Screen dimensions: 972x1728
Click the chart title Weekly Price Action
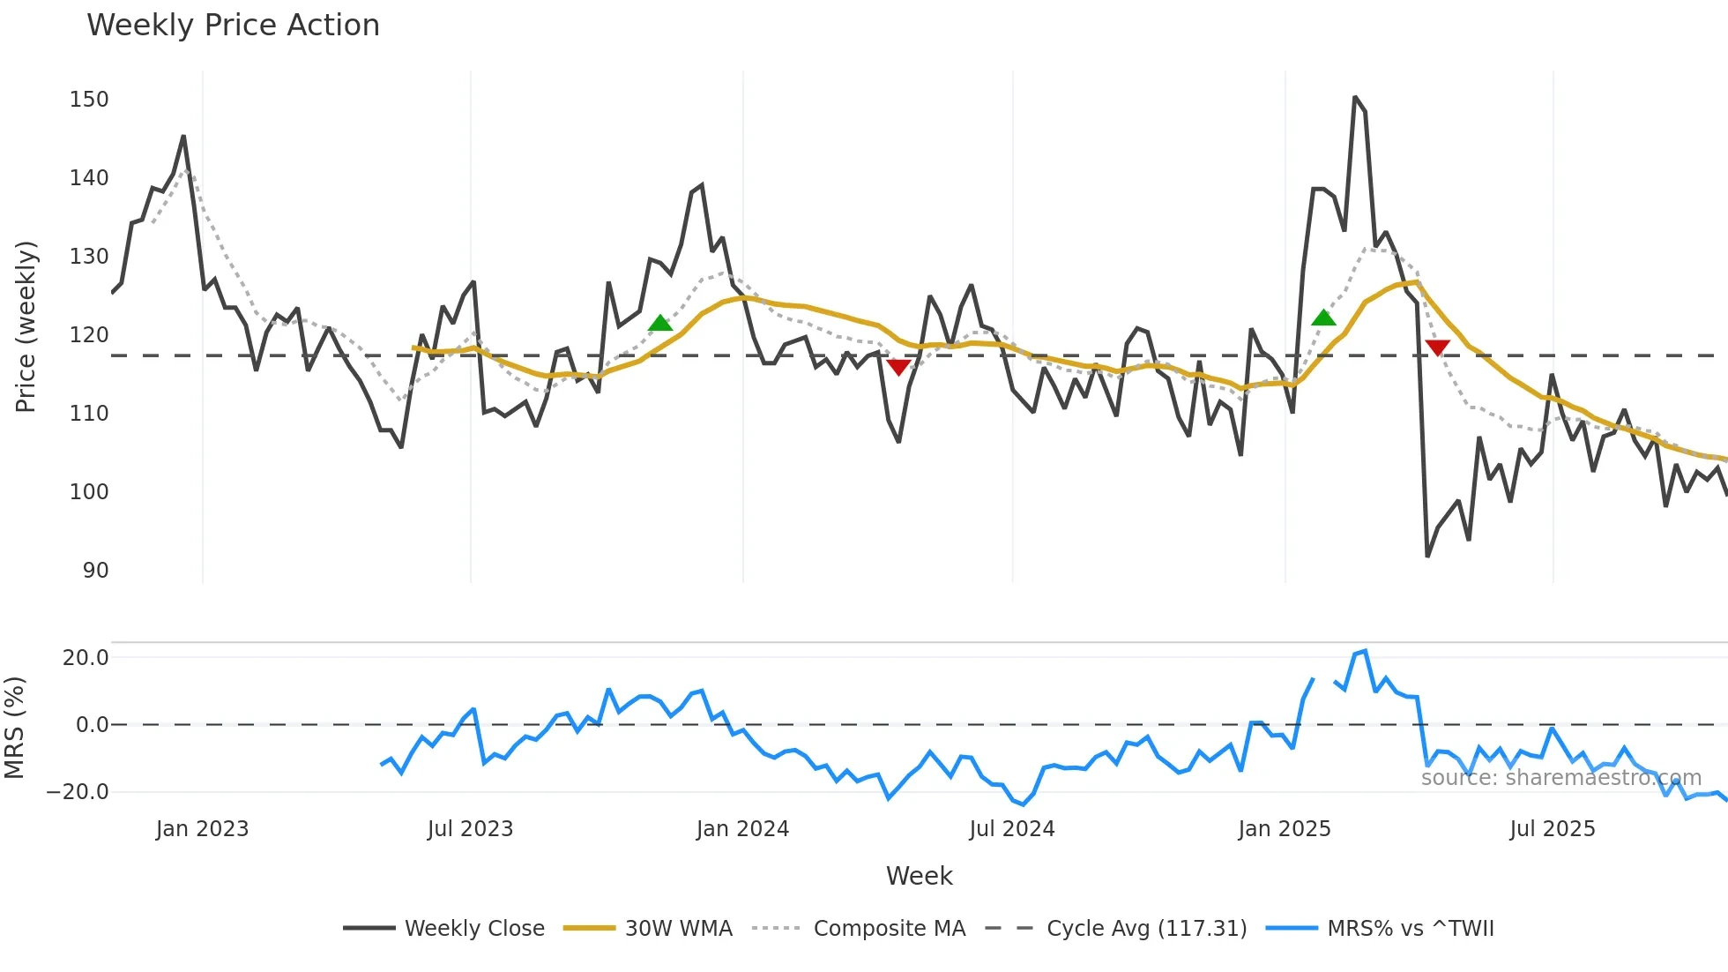click(x=233, y=26)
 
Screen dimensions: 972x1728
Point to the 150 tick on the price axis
click(x=89, y=100)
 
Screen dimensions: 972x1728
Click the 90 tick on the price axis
click(x=95, y=571)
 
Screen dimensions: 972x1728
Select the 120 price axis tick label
click(x=89, y=335)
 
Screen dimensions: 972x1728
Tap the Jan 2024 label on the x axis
click(x=742, y=829)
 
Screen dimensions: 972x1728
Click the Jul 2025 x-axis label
click(x=1552, y=829)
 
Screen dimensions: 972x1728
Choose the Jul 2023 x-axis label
click(x=470, y=829)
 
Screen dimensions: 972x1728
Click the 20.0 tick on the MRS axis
click(x=86, y=658)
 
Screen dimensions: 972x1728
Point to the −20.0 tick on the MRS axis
click(x=78, y=792)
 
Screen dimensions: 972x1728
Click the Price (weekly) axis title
click(x=26, y=326)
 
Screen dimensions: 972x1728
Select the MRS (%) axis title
click(x=14, y=728)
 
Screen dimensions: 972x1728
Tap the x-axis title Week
click(x=919, y=876)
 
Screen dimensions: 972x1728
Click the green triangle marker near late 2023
click(x=660, y=323)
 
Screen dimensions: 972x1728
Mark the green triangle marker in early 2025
click(x=1323, y=318)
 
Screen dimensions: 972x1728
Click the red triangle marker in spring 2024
click(x=898, y=367)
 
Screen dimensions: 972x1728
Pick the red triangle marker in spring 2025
click(x=1437, y=348)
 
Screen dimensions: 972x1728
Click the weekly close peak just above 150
click(x=1355, y=98)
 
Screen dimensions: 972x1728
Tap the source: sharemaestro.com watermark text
click(x=1560, y=778)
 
